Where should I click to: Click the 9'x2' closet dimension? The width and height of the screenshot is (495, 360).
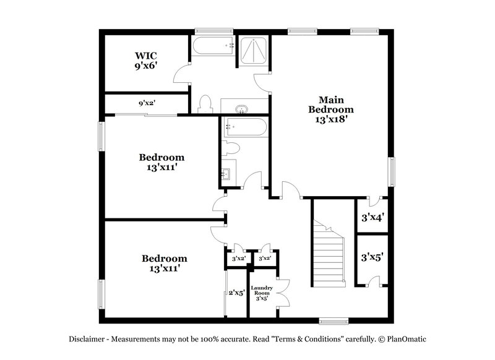click(x=146, y=103)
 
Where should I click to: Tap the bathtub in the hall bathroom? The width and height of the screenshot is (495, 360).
click(x=245, y=127)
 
